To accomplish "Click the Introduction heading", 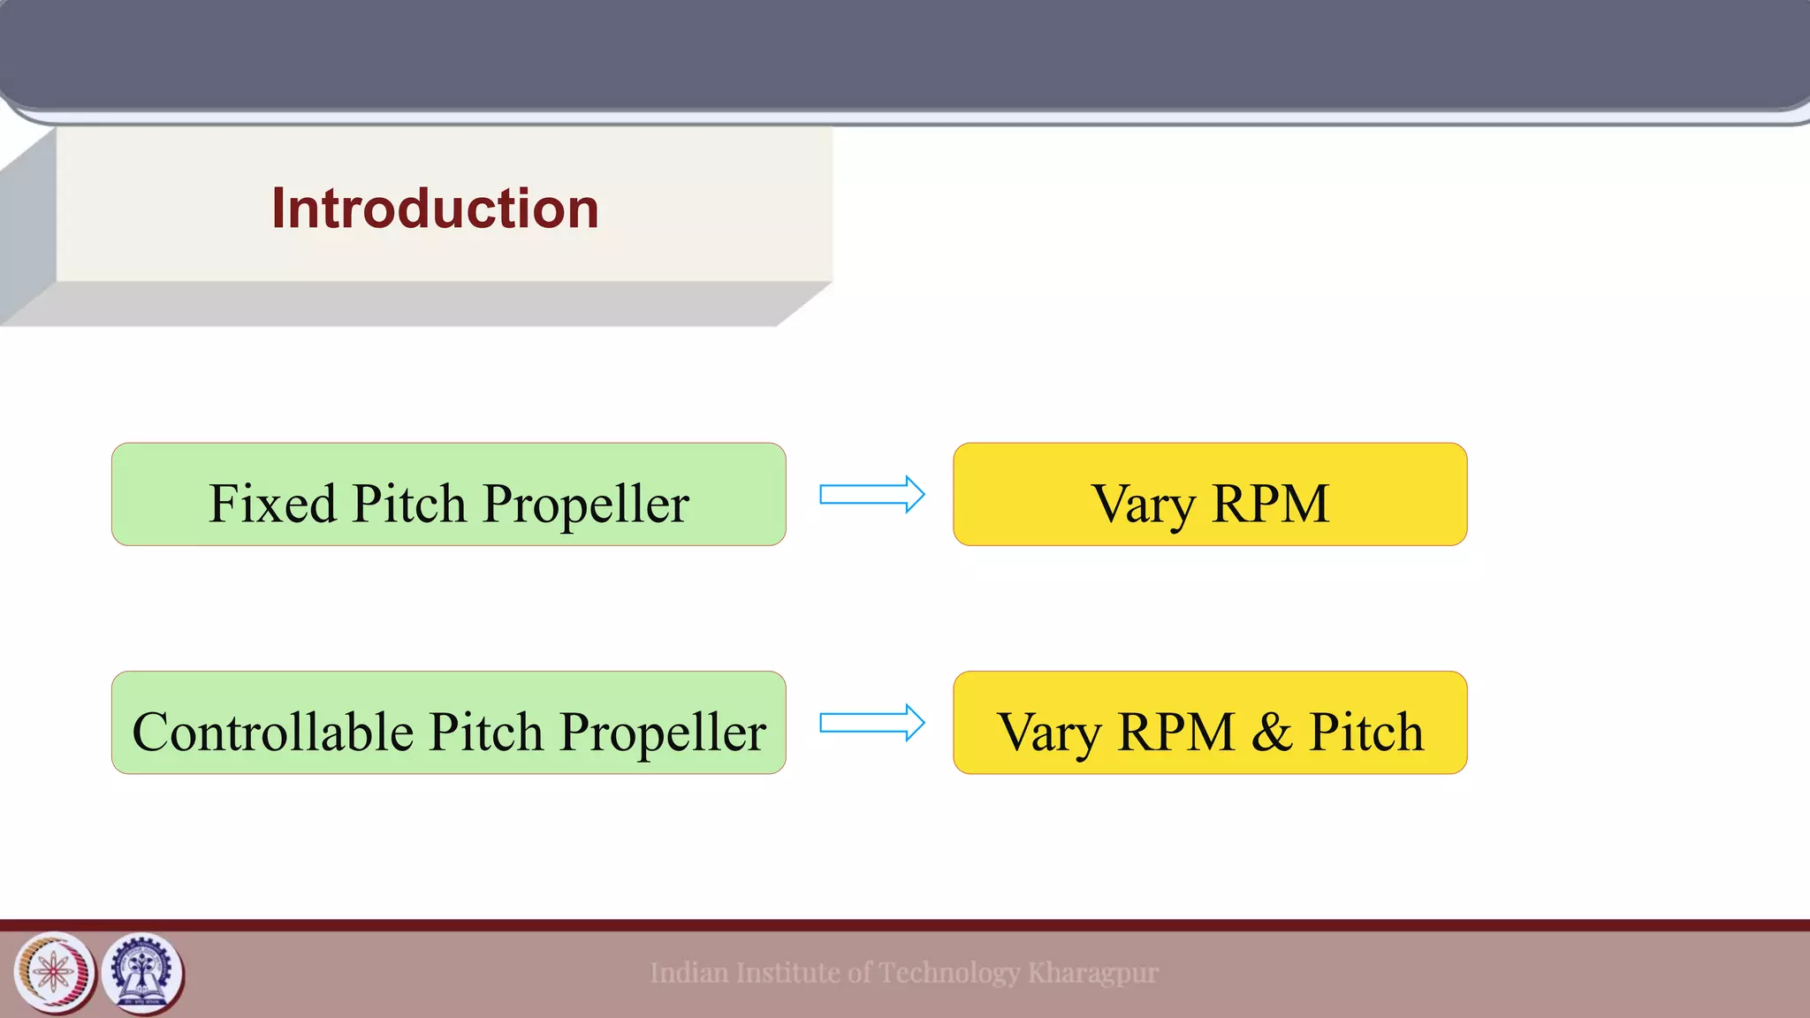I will [435, 209].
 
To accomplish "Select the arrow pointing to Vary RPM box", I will [871, 494].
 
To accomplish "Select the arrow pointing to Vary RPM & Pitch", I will [871, 723].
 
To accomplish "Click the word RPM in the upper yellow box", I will [1270, 504].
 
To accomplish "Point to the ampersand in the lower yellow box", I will [1271, 733].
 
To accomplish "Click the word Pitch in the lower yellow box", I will [1365, 732].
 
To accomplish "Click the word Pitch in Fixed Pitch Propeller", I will [408, 504].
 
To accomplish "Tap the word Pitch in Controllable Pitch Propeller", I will [486, 732].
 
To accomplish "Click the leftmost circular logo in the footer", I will [54, 973].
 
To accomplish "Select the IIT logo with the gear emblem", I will [141, 973].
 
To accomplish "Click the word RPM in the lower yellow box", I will [1175, 733].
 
